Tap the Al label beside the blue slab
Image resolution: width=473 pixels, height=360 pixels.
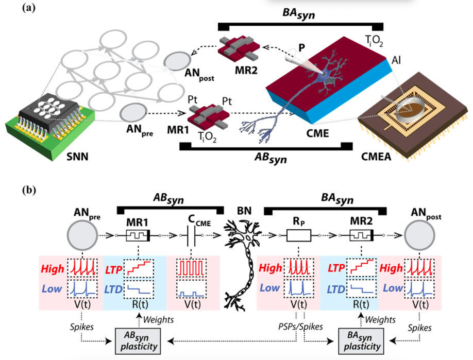coord(397,61)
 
